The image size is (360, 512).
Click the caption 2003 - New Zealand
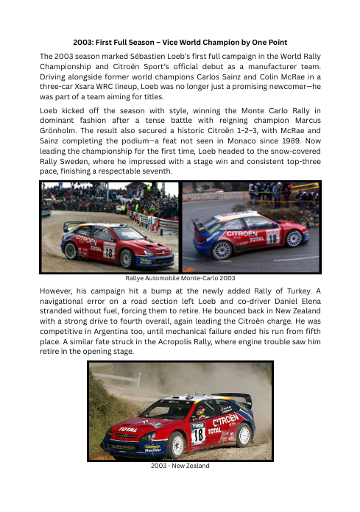click(180, 465)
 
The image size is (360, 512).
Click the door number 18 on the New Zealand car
click(197, 433)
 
